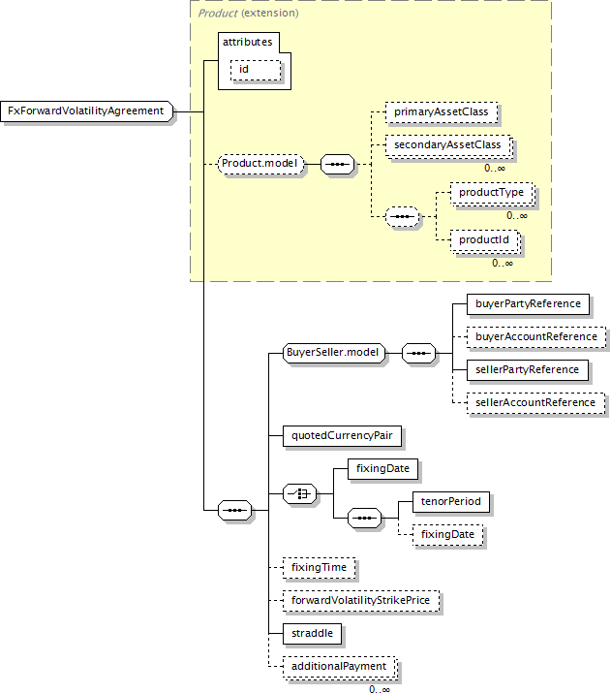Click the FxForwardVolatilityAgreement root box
coord(86,111)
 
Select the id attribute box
coord(256,70)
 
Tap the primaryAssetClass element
coord(442,112)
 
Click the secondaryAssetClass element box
coord(448,145)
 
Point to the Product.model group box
coord(260,164)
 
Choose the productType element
coord(492,193)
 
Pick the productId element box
coord(484,240)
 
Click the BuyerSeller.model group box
coord(334,353)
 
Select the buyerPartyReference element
coord(528,304)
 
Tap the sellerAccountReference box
coord(535,403)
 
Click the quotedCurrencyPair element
coord(342,436)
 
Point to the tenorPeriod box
coord(451,501)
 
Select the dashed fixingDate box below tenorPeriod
coord(448,535)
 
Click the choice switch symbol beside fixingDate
coord(299,493)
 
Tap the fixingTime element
coord(320,568)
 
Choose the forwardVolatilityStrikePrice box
coord(361,601)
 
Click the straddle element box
coord(312,633)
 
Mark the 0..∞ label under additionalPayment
coord(380,689)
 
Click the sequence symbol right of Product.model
coord(337,164)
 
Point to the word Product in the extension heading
coord(218,14)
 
